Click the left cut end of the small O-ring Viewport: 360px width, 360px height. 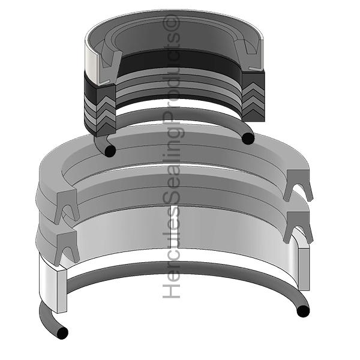(x=110, y=151)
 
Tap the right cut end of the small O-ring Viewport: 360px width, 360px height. (x=248, y=139)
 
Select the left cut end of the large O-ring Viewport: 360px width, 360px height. (x=62, y=332)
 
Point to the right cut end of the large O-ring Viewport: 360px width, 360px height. (x=303, y=311)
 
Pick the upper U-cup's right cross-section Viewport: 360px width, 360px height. (x=298, y=184)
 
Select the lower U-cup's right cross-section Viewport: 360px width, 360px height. (x=298, y=226)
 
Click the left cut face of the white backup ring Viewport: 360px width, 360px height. (x=62, y=290)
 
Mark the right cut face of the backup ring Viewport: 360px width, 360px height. (x=304, y=269)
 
